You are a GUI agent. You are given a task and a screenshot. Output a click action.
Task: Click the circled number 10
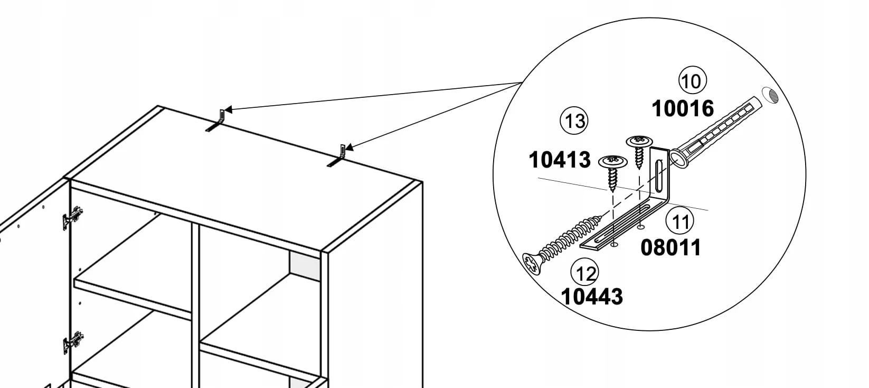pyautogui.click(x=692, y=80)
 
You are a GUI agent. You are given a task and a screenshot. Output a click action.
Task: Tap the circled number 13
pyautogui.click(x=574, y=121)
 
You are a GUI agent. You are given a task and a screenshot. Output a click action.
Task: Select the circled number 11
pyautogui.click(x=679, y=221)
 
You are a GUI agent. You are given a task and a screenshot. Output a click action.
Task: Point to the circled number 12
pyautogui.click(x=584, y=273)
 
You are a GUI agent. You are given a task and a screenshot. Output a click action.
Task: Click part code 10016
pyautogui.click(x=683, y=108)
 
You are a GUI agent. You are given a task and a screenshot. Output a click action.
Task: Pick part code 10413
pyautogui.click(x=560, y=160)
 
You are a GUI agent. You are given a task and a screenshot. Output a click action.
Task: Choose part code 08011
pyautogui.click(x=671, y=247)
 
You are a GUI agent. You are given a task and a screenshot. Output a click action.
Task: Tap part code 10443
pyautogui.click(x=592, y=297)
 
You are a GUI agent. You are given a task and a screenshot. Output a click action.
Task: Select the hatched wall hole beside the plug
pyautogui.click(x=770, y=95)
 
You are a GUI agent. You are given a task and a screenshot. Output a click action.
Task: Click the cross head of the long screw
pyautogui.click(x=531, y=264)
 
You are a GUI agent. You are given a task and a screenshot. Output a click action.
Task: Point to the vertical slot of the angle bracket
pyautogui.click(x=659, y=175)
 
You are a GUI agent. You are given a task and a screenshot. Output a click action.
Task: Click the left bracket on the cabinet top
pyautogui.click(x=216, y=122)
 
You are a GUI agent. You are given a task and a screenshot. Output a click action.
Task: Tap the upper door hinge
pyautogui.click(x=73, y=218)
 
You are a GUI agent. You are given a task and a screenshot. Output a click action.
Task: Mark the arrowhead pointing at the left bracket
pyautogui.click(x=228, y=109)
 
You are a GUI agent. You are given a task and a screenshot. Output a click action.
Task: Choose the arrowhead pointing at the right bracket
pyautogui.click(x=349, y=147)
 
